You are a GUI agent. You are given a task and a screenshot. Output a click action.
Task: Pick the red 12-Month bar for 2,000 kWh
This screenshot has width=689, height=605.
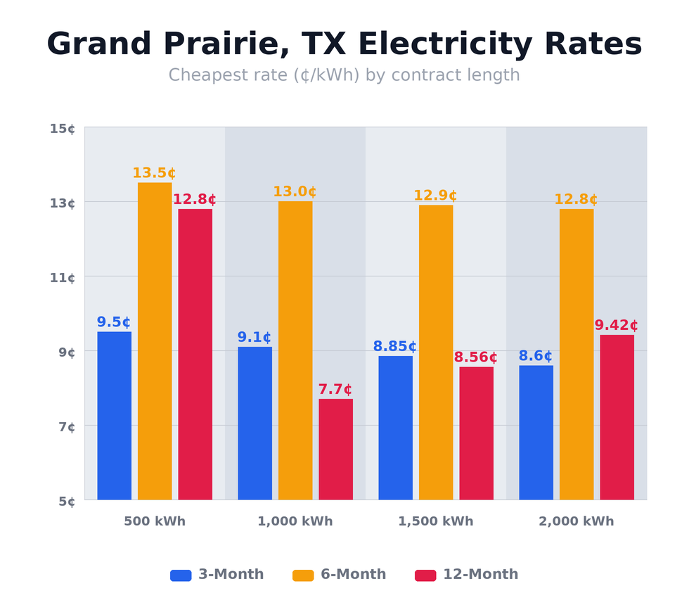pos(617,417)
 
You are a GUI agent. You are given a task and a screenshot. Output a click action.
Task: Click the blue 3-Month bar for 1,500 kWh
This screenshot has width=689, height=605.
pos(395,428)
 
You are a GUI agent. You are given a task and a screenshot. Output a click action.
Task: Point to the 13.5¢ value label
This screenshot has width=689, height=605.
pos(154,173)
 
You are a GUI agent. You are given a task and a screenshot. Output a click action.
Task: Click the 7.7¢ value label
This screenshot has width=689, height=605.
pos(335,390)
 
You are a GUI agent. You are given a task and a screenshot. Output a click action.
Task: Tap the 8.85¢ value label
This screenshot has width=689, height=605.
pos(394,347)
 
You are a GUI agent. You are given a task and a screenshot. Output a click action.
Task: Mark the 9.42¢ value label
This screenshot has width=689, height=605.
pos(616,326)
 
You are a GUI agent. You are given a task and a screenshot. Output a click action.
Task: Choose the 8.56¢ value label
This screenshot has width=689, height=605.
pos(475,357)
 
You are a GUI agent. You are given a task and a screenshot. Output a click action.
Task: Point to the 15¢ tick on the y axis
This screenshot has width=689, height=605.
pos(63,129)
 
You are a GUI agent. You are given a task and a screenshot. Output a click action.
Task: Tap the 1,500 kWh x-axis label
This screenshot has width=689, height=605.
pos(435,522)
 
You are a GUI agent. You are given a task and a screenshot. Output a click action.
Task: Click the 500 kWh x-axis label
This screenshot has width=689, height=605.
pos(155,522)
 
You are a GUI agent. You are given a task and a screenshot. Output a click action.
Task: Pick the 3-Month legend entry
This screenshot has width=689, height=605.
pos(217,575)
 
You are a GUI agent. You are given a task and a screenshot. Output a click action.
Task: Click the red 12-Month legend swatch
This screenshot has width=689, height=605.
pos(425,575)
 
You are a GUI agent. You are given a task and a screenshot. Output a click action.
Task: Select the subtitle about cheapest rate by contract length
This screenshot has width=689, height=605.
pos(344,75)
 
